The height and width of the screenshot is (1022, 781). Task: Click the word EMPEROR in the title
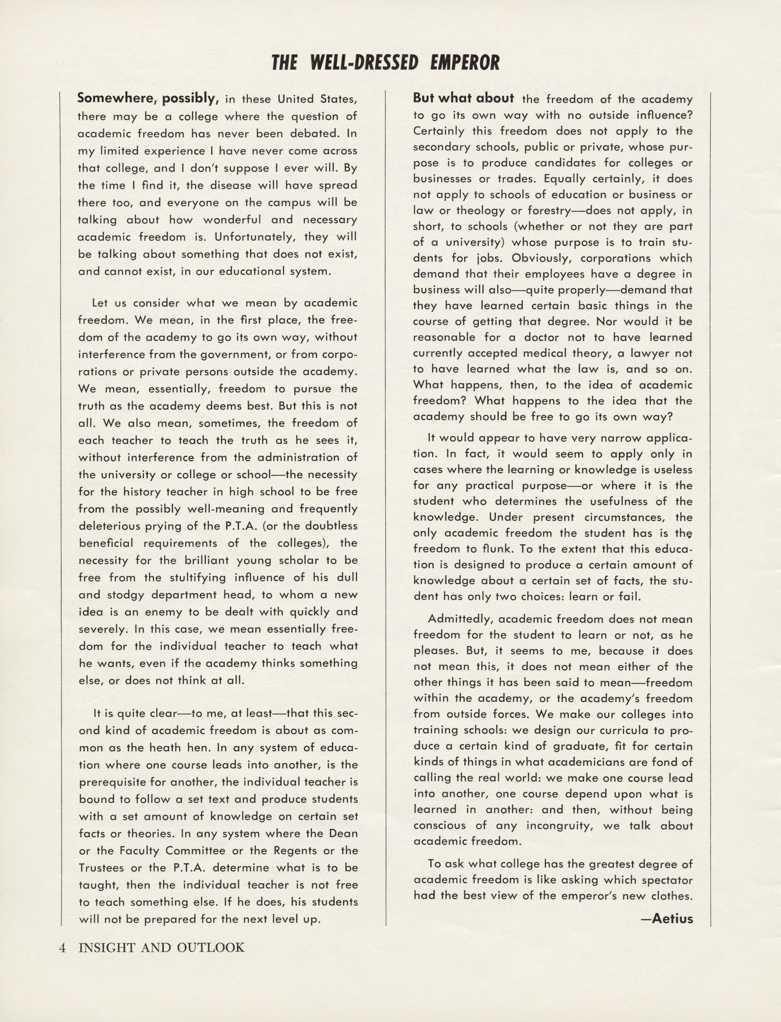pos(465,62)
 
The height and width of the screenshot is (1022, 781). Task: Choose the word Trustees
pos(102,868)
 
